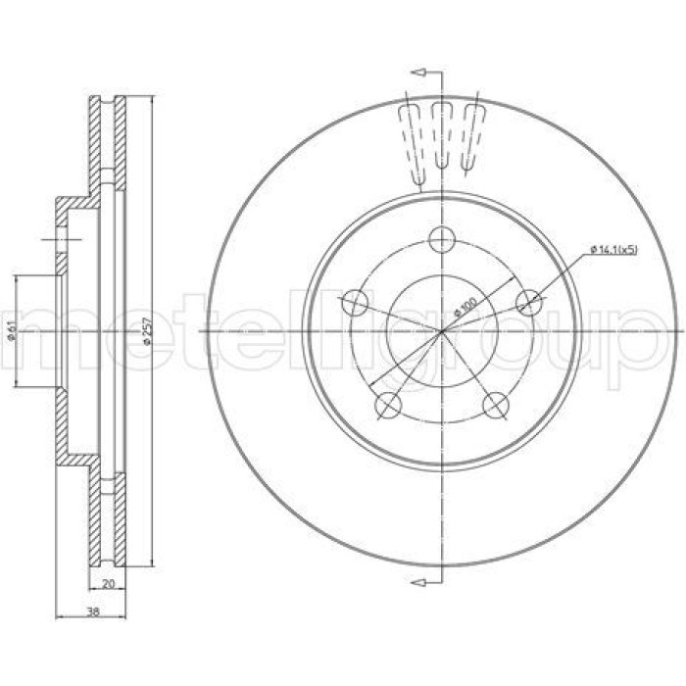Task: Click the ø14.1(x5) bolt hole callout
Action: pyautogui.click(x=613, y=249)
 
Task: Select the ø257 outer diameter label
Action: pyautogui.click(x=147, y=331)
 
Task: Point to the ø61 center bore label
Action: pyautogui.click(x=12, y=331)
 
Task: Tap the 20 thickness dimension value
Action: pyautogui.click(x=108, y=583)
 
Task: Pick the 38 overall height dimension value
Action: pyautogui.click(x=92, y=612)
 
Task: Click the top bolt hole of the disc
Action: pyautogui.click(x=442, y=240)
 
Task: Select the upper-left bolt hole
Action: pyautogui.click(x=355, y=303)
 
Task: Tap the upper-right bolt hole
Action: pyautogui.click(x=529, y=303)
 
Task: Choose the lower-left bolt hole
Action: pyautogui.click(x=388, y=405)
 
